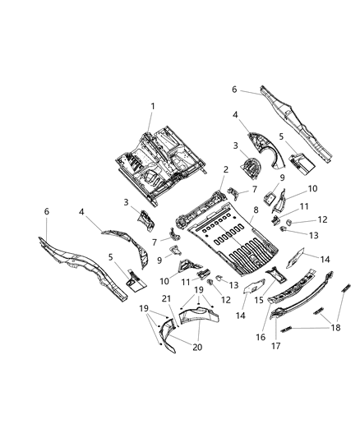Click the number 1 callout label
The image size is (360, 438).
(x=151, y=105)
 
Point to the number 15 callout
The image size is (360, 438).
(x=260, y=300)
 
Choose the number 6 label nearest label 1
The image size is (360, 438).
(x=233, y=89)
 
